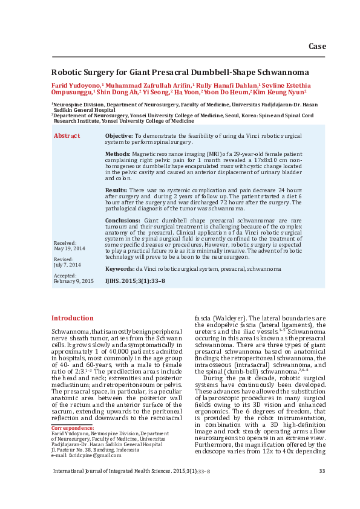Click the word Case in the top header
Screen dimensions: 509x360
(x=317, y=47)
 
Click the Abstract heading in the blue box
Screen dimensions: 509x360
(x=67, y=136)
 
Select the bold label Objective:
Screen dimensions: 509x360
(x=119, y=137)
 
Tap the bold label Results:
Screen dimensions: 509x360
(x=117, y=190)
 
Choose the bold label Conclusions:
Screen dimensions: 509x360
(x=122, y=221)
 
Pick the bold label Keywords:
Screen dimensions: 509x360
(x=120, y=268)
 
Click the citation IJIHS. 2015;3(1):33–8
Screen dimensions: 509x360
(x=135, y=281)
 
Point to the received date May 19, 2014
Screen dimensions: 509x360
(x=70, y=248)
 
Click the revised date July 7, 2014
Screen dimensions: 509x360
(x=67, y=265)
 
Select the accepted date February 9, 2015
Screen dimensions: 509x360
(x=74, y=281)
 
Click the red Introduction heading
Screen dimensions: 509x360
(x=72, y=318)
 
